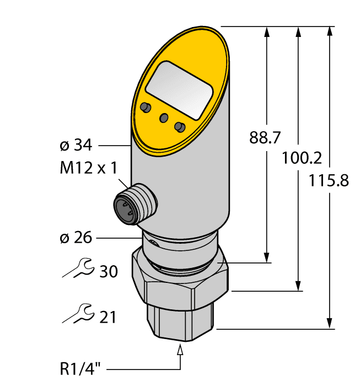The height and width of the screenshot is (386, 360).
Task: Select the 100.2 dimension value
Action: [301, 158]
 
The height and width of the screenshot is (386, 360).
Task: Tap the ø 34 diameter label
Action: [75, 146]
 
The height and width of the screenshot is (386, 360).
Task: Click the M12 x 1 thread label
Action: [88, 168]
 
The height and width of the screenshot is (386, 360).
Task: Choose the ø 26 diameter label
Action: [75, 238]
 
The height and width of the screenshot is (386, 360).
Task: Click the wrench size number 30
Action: [108, 271]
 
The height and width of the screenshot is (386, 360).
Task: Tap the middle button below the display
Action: [164, 117]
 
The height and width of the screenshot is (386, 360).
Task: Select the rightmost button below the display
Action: [179, 127]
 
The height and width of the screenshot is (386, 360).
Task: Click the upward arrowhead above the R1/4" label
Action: [180, 350]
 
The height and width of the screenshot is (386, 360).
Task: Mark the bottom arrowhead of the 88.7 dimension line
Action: [267, 258]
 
